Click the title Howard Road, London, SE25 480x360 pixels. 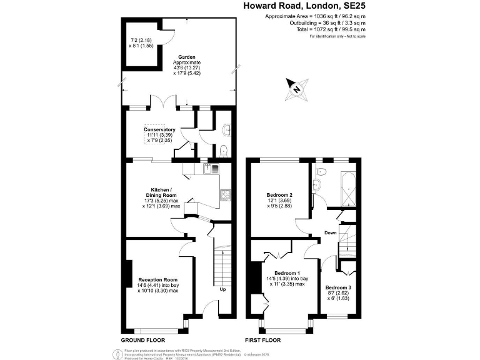tap(304, 6)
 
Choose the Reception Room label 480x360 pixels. tap(158, 279)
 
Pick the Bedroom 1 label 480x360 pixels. tap(287, 273)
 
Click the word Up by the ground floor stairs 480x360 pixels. tap(222, 290)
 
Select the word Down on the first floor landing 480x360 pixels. tap(331, 232)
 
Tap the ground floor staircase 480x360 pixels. tap(222, 262)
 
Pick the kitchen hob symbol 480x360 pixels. tap(226, 196)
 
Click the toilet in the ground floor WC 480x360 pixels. tap(223, 150)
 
